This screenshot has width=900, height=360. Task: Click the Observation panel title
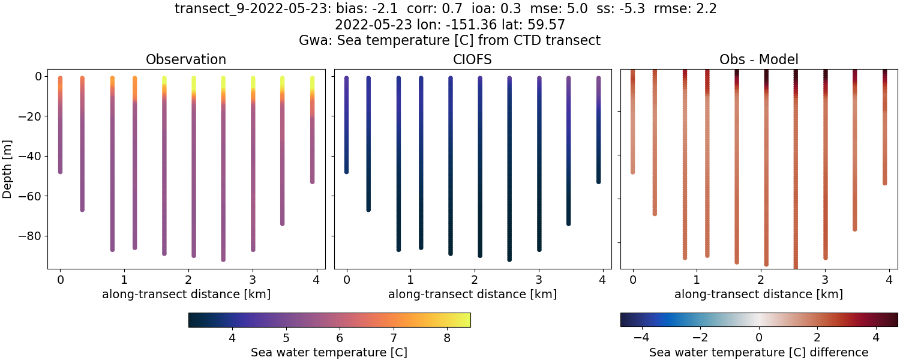(186, 59)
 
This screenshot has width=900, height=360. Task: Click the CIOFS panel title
(472, 59)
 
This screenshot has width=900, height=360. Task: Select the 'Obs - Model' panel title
(758, 59)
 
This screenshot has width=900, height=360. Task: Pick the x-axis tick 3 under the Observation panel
(253, 279)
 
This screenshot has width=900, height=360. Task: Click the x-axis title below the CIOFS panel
(472, 295)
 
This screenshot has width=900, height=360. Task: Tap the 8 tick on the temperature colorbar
(447, 338)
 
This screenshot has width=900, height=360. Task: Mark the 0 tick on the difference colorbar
(759, 338)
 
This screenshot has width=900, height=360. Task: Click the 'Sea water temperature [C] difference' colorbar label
(758, 352)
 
